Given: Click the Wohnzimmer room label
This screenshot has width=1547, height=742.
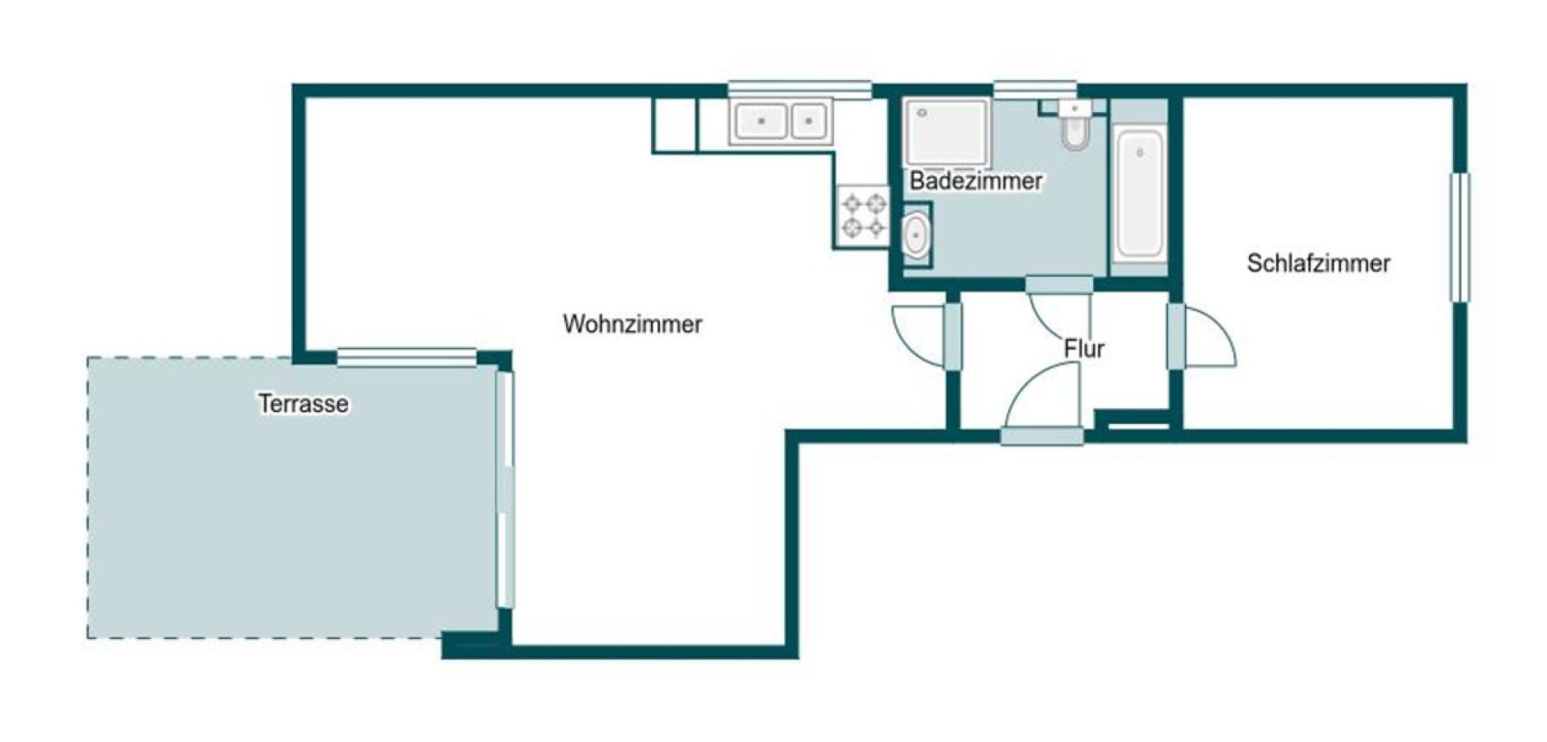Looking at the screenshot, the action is point(632,324).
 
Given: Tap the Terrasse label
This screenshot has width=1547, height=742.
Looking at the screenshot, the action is point(303,404).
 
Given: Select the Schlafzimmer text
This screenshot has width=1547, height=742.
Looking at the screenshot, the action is point(1318,263).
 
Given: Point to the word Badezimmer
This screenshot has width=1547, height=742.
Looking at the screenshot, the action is point(976,181).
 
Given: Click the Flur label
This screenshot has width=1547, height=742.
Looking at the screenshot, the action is point(1083,349).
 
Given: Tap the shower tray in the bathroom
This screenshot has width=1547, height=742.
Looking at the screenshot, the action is point(946,132).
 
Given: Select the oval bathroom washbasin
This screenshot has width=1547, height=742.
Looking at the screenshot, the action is point(915,236).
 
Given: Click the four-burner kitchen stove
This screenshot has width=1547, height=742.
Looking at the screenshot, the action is point(863,214).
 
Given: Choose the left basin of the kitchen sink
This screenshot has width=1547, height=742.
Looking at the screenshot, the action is point(761,121).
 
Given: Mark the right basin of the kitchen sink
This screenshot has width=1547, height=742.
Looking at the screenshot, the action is point(809,121).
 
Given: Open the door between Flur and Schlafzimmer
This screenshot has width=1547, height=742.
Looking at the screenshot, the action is point(1200,336).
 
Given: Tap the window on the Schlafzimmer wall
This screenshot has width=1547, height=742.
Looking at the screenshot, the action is point(1460,237).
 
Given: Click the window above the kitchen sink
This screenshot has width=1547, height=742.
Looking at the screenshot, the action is point(799,89).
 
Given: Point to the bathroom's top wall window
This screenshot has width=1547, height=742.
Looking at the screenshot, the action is point(1035,89).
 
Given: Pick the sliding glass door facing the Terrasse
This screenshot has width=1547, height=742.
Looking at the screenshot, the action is point(505,491).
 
